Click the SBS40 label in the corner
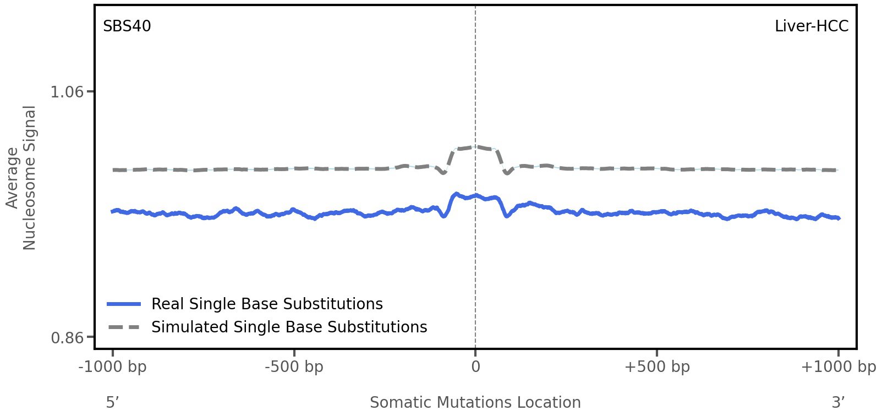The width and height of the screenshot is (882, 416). pyautogui.click(x=127, y=26)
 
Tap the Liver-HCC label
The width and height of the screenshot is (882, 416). pyautogui.click(x=811, y=26)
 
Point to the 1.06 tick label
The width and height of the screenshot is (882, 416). pyautogui.click(x=67, y=91)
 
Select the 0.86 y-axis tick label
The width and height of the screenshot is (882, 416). pyautogui.click(x=67, y=337)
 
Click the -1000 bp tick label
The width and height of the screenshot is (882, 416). pyautogui.click(x=113, y=367)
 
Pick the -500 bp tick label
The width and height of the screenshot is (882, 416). pyautogui.click(x=294, y=367)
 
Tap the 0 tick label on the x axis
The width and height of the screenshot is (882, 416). pyautogui.click(x=475, y=367)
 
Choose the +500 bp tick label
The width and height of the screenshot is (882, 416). pyautogui.click(x=657, y=367)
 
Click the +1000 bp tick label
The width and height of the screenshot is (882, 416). pyautogui.click(x=838, y=367)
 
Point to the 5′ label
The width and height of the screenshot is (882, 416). pyautogui.click(x=113, y=403)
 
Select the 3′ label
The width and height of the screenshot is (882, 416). pyautogui.click(x=838, y=403)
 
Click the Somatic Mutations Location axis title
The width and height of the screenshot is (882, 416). pyautogui.click(x=475, y=403)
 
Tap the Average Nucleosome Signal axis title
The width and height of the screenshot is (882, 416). pyautogui.click(x=21, y=177)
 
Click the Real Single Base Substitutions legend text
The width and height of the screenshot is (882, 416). pyautogui.click(x=267, y=304)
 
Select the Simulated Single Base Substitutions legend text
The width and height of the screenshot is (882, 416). pyautogui.click(x=289, y=327)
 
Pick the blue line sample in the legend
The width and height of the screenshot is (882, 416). pyautogui.click(x=124, y=304)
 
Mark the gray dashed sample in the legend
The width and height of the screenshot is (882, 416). pyautogui.click(x=124, y=327)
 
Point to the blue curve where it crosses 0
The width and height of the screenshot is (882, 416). pyautogui.click(x=475, y=195)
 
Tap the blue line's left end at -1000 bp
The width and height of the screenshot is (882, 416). pyautogui.click(x=113, y=211)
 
